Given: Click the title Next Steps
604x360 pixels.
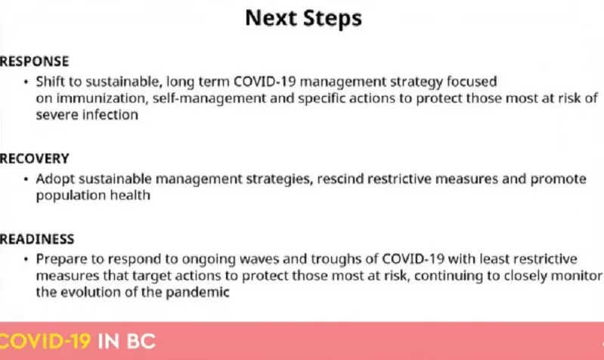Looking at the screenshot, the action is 304,18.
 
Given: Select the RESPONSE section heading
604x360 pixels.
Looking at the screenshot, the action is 34,61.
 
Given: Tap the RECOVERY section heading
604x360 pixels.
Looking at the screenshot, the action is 34,158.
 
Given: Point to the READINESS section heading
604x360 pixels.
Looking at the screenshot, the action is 37,239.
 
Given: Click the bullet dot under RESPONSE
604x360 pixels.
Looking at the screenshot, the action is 26,82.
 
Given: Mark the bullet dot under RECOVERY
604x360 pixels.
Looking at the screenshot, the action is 26,179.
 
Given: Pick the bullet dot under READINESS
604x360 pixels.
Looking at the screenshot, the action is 26,259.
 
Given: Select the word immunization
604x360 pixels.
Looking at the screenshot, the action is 102,98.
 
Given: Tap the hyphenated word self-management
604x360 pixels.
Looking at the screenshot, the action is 209,98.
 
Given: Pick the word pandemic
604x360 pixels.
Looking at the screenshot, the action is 197,292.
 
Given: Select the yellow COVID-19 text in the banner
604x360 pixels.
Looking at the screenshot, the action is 45,342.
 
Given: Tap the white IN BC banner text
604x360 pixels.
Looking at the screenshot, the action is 127,342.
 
